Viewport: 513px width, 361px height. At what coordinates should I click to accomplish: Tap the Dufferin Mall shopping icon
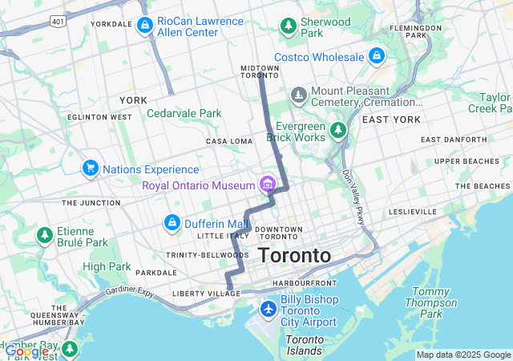pyautogui.click(x=172, y=222)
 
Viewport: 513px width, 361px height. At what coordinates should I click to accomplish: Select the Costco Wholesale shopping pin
pyautogui.click(x=376, y=56)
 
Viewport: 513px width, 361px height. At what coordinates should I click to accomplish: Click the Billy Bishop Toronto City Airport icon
pyautogui.click(x=268, y=309)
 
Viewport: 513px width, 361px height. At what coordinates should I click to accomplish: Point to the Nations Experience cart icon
pyautogui.click(x=90, y=168)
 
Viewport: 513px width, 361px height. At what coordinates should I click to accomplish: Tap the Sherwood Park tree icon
pyautogui.click(x=288, y=26)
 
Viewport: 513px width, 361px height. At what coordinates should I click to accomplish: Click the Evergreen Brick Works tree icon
pyautogui.click(x=339, y=130)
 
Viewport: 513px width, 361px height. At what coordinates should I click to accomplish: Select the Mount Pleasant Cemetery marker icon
pyautogui.click(x=299, y=96)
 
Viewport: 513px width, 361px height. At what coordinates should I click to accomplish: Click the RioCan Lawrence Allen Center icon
pyautogui.click(x=144, y=26)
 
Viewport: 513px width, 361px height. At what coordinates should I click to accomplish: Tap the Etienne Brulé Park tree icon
pyautogui.click(x=44, y=236)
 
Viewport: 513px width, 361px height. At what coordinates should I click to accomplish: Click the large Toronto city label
pyautogui.click(x=294, y=256)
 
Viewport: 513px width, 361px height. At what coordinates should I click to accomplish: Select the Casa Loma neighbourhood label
pyautogui.click(x=229, y=141)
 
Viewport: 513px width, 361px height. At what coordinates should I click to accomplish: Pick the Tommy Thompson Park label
pyautogui.click(x=431, y=302)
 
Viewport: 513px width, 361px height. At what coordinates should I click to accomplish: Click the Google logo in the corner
pyautogui.click(x=26, y=351)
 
